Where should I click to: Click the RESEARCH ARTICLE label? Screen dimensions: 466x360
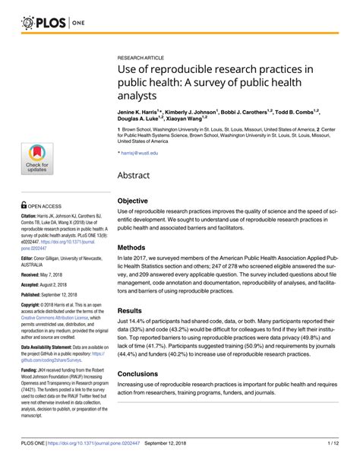[x=141, y=58]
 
